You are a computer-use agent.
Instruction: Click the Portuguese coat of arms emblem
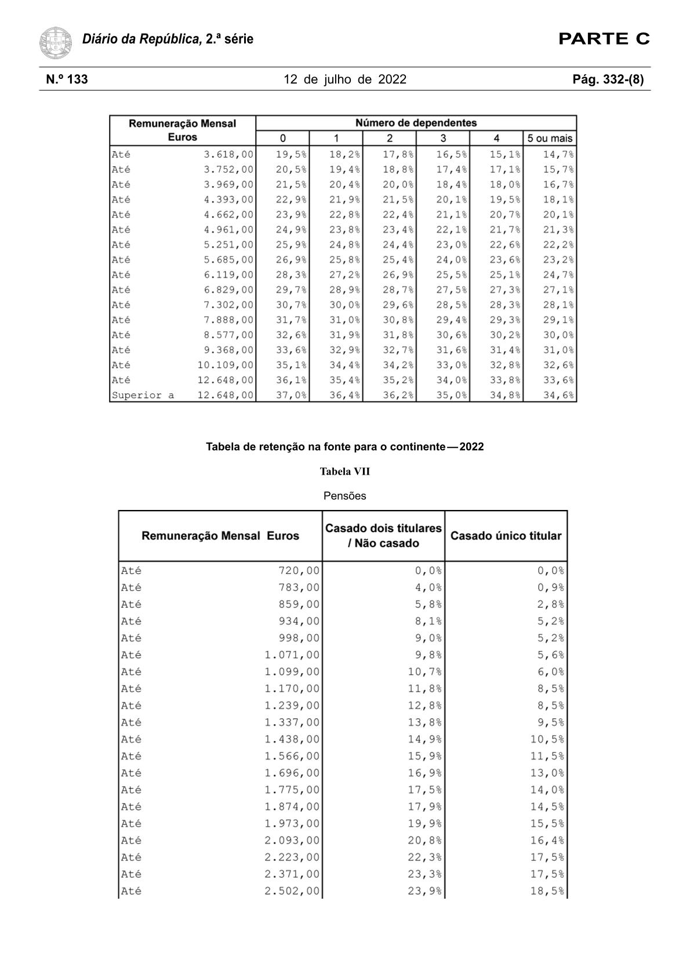(56, 42)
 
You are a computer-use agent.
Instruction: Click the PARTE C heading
(604, 39)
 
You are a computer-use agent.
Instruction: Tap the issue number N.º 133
(67, 79)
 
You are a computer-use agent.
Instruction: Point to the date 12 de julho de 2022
(345, 79)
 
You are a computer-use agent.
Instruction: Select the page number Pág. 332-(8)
(608, 79)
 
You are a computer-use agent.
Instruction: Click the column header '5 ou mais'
(550, 139)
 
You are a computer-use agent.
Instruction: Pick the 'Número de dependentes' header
(416, 123)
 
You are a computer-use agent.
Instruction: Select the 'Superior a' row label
(143, 396)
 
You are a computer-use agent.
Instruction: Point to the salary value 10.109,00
(225, 366)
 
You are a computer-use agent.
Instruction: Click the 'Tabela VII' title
(344, 472)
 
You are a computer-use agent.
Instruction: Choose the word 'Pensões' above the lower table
(344, 496)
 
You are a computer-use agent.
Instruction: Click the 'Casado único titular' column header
(506, 536)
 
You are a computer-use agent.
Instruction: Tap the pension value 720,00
(299, 571)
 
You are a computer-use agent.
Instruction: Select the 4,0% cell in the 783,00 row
(428, 588)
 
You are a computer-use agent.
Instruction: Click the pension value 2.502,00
(292, 891)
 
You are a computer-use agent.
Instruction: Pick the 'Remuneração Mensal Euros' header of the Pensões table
(220, 536)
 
